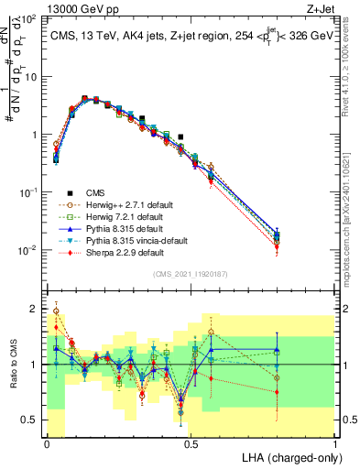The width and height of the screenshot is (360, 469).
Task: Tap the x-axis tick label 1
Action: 335,443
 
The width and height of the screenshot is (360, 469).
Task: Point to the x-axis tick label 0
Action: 46,443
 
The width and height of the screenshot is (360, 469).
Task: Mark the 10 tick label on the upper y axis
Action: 30,77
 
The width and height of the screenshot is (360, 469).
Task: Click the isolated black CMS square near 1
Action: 181,136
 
